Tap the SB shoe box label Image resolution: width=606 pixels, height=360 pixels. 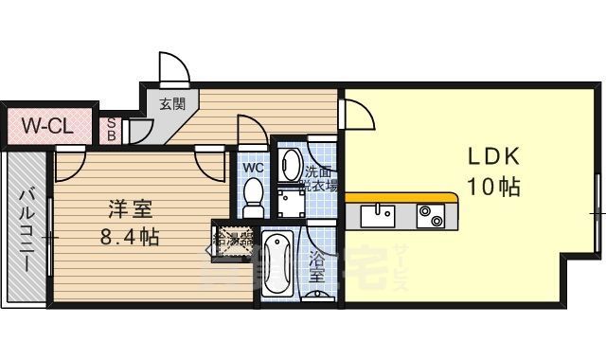112,128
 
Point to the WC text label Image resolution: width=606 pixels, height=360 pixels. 253,168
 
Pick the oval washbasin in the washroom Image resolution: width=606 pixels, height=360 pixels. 290,163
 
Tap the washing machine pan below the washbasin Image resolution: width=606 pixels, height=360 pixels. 288,204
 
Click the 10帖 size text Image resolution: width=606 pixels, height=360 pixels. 492,188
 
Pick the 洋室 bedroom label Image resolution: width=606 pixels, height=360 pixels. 129,207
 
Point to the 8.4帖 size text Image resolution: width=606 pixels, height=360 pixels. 130,236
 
